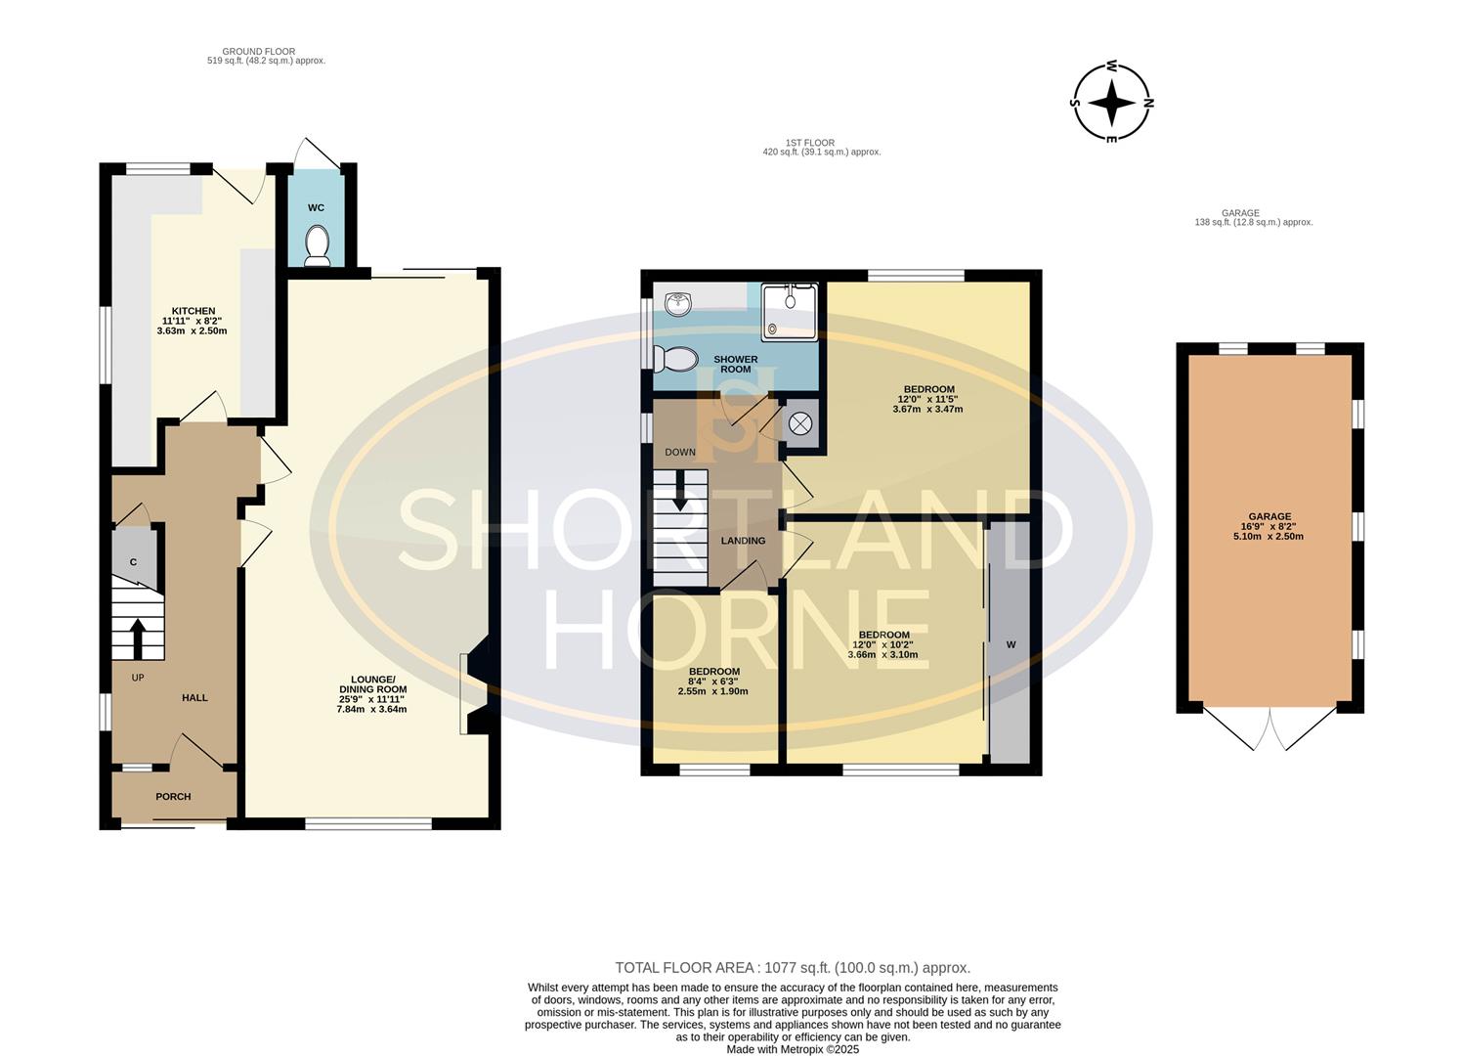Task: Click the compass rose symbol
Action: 1111,102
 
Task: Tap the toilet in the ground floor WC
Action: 316,245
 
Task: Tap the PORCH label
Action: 173,797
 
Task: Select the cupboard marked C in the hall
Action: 134,560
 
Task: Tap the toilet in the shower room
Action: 674,359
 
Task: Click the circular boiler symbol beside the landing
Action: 800,424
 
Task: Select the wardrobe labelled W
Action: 1011,644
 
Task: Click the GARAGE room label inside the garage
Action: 1269,526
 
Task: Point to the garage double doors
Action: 1269,729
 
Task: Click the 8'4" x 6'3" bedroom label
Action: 713,682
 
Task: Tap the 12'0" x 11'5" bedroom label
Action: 927,399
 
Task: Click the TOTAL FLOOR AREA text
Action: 792,968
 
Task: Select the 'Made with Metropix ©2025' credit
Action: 792,1049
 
